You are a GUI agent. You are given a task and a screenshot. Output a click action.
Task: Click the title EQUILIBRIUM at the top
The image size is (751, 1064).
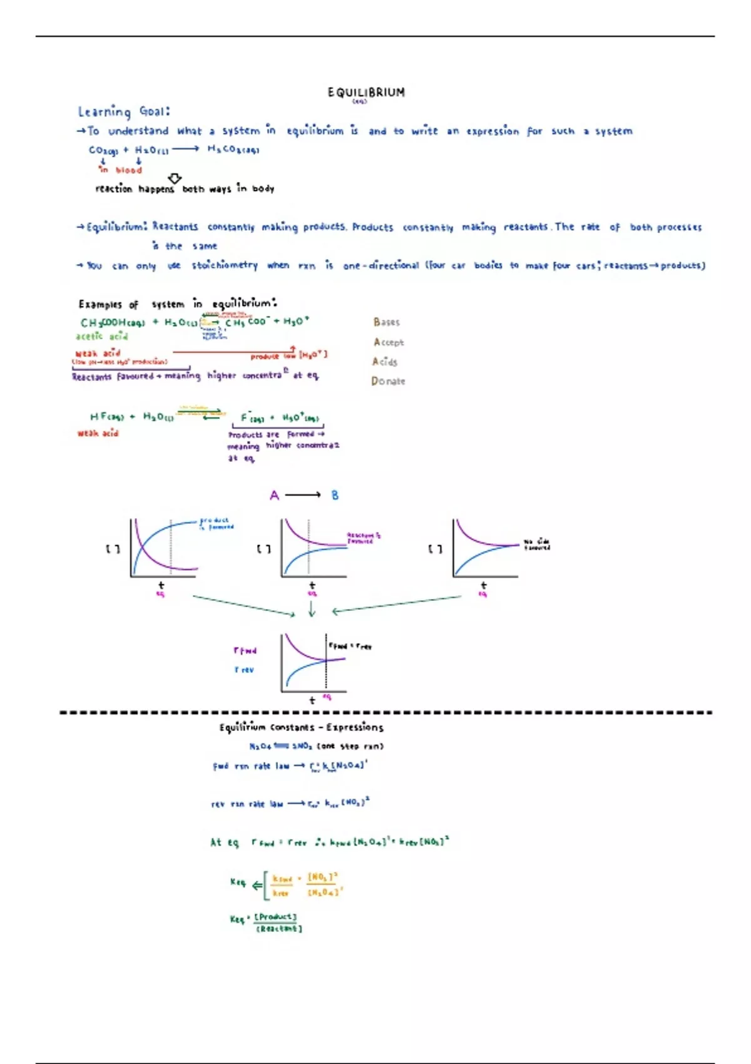pos(366,93)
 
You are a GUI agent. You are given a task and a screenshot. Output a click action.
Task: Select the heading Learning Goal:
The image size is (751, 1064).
pos(124,112)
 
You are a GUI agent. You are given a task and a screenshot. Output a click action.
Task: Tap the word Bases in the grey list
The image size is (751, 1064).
pos(386,322)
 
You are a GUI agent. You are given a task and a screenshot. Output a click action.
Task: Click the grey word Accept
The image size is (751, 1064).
pos(389,342)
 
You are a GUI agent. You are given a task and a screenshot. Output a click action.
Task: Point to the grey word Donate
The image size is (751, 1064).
pos(388,381)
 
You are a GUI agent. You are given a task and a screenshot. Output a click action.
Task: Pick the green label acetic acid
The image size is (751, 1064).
pos(101,337)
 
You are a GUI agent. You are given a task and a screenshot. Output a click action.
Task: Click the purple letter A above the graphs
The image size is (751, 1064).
pos(274,496)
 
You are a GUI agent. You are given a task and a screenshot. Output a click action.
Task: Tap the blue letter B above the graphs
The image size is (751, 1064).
pos(335,496)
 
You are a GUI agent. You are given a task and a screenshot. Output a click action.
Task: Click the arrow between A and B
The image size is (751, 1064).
pos(304,496)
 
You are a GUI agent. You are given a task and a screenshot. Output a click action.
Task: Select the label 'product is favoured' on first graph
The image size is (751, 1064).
pos(217,524)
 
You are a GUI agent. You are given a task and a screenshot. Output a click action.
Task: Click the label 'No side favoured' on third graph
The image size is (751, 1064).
pos(537,545)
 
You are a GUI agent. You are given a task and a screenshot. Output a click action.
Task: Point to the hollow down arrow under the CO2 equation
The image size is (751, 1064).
pos(175,179)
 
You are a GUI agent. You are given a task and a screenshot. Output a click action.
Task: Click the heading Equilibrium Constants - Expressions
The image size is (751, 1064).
pos(301,727)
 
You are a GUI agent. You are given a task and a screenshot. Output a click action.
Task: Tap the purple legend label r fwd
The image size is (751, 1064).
pos(245,651)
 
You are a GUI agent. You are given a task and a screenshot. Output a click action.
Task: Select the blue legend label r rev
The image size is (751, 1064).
pos(244,670)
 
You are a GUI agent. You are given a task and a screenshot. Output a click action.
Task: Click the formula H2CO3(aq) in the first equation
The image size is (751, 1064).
pos(233,150)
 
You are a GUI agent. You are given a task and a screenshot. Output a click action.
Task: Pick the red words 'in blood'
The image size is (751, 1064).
pos(121,170)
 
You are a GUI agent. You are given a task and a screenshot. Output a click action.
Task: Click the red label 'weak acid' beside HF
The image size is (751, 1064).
pos(98,433)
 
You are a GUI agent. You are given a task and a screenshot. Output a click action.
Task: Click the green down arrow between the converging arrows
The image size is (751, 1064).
pos(312,609)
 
